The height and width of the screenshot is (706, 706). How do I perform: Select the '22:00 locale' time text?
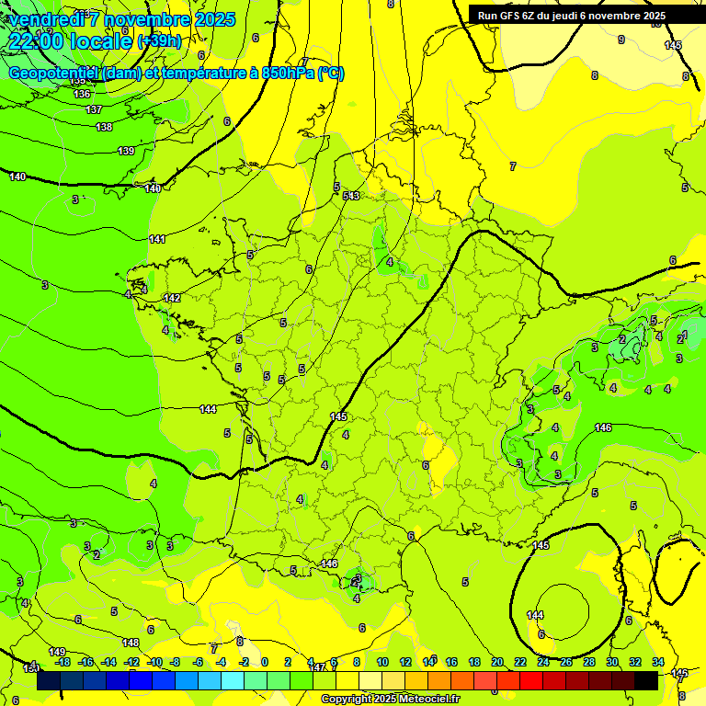[70, 41]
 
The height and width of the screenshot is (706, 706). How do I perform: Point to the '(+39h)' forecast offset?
[159, 41]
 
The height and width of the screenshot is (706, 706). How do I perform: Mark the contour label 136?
[82, 94]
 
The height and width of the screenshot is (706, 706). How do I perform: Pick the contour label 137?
[93, 109]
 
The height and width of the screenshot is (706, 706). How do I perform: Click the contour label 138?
[104, 127]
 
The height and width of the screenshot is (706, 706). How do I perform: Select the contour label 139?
[126, 151]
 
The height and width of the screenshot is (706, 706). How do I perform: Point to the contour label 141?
[157, 239]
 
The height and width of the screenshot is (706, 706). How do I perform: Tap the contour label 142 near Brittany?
[172, 298]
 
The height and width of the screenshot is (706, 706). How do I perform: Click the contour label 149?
[57, 652]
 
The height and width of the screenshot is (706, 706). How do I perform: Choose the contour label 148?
[131, 643]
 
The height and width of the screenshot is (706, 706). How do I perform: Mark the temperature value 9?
[621, 40]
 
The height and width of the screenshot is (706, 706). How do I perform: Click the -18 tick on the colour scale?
[63, 662]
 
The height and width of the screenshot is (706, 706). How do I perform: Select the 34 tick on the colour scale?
[658, 662]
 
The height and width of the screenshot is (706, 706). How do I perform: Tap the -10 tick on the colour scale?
[154, 662]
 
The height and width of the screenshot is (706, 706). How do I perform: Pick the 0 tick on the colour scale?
[265, 662]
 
